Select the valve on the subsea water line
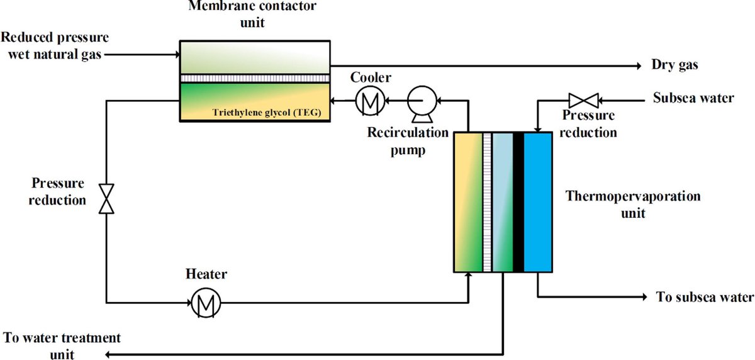tap(582, 99)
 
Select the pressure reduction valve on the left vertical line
tap(107, 200)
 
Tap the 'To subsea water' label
tap(704, 297)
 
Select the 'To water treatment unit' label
tap(62, 346)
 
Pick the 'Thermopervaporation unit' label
tap(632, 203)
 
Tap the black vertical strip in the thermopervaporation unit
tap(518, 202)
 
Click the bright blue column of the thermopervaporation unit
tap(537, 202)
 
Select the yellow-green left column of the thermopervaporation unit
tap(467, 202)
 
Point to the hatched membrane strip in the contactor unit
tap(254, 78)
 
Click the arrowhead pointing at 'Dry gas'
tap(639, 65)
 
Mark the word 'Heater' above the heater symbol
tap(206, 274)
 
